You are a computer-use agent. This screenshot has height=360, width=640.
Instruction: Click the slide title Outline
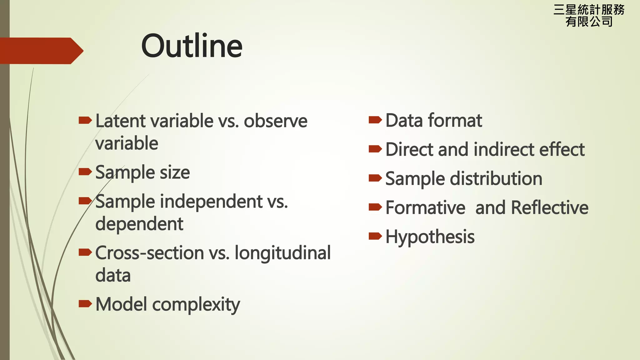click(x=192, y=46)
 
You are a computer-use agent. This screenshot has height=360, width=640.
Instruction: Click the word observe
click(x=275, y=121)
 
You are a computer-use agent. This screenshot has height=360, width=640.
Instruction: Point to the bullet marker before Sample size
click(x=85, y=172)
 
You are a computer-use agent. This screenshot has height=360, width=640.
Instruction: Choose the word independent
click(x=211, y=201)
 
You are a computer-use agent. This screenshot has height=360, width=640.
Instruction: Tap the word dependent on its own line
click(x=139, y=224)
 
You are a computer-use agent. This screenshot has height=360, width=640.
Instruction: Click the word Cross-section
click(x=150, y=253)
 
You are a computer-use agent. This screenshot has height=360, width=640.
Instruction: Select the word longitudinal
click(x=282, y=253)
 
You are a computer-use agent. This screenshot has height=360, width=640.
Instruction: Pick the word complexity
click(x=196, y=305)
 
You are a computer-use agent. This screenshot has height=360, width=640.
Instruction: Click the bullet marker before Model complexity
click(x=85, y=303)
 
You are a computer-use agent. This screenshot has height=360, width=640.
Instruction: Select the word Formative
click(x=425, y=208)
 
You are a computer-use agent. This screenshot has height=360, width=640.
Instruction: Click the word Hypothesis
click(x=430, y=237)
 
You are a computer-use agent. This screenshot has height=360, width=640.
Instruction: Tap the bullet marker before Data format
click(x=375, y=120)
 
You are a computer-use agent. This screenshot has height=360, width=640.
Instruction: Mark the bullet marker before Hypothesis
click(x=375, y=236)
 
